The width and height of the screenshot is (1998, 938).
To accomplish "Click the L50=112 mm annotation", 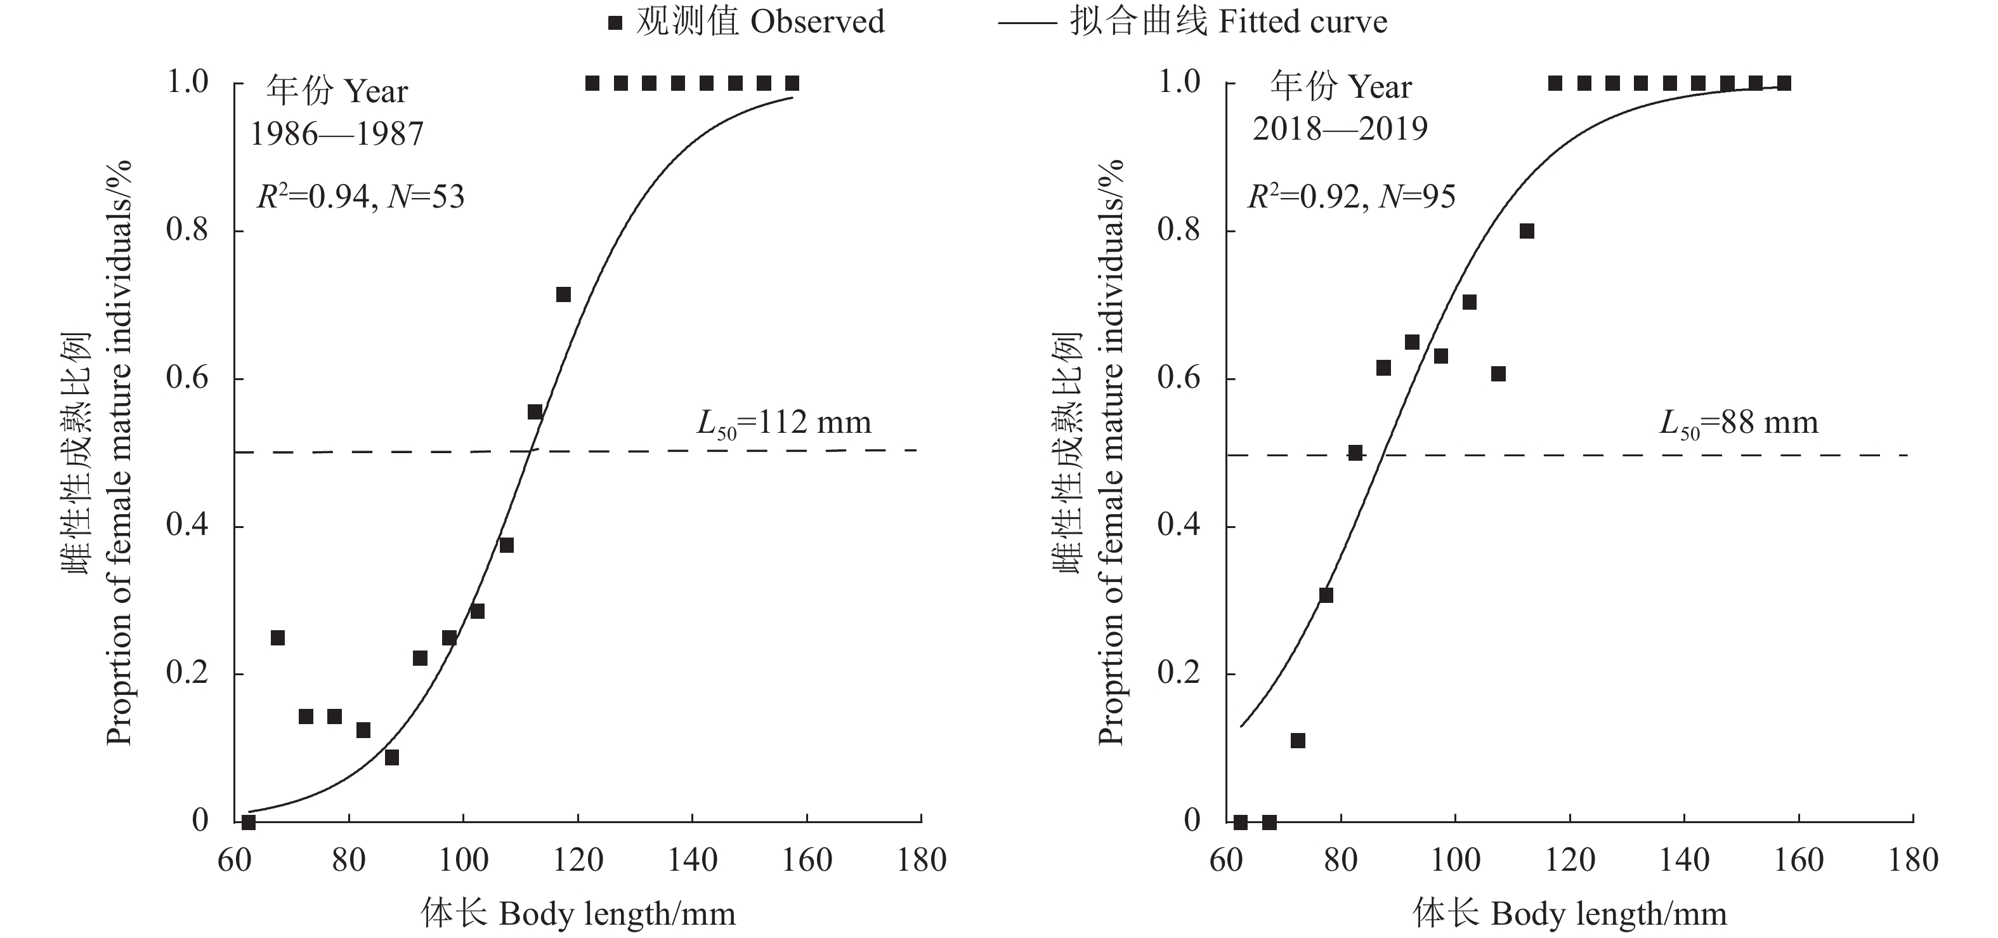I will pos(783,423).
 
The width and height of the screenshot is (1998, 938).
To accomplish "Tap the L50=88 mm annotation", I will pos(1738,423).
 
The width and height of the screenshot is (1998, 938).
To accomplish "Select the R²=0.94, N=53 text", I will pos(361,197).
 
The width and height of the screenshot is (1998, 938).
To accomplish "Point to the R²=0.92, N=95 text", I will pos(1351,197).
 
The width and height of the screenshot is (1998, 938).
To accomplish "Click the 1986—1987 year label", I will pos(337,134).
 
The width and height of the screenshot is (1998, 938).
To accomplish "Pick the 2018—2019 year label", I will pos(1340,129).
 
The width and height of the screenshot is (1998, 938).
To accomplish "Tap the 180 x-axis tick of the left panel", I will pos(922,861).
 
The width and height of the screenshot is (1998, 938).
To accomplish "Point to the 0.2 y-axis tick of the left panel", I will pos(188,673).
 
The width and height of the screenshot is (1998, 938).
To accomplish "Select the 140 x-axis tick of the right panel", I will pos(1685,861).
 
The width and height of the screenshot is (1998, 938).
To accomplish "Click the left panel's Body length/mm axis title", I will pos(578,914).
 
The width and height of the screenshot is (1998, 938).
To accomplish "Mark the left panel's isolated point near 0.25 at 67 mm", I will pos(278,638).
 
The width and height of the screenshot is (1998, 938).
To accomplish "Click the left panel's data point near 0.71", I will pos(563,295).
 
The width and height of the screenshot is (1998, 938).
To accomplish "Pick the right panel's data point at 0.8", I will pos(1527,231).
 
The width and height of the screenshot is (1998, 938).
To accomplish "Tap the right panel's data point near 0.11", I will pos(1298,741).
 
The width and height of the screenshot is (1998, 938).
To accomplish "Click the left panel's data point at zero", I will pos(248,822).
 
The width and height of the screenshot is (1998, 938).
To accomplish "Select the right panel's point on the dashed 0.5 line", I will pos(1355,453).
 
